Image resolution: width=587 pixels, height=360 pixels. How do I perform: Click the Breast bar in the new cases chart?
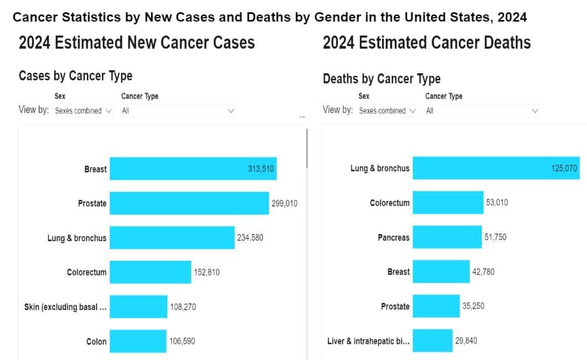coord(177,169)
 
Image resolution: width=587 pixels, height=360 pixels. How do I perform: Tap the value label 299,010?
coord(284,204)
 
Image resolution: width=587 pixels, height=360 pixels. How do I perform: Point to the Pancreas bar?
coord(447,237)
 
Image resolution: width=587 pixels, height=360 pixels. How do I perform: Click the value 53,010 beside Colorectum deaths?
coord(497,202)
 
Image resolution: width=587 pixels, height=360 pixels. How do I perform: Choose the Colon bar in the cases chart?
coord(138,341)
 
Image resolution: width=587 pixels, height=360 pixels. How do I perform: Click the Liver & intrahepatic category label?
coord(369,341)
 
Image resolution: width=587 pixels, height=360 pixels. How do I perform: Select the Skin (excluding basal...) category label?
coord(65,307)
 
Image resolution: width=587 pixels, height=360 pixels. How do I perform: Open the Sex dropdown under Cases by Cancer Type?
coord(84,111)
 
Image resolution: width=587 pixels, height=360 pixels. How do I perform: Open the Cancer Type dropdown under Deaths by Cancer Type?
coord(482,111)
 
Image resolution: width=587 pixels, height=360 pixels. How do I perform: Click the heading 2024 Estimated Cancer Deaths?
coord(426,43)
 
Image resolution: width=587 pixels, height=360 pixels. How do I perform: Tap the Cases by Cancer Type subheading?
coord(75,76)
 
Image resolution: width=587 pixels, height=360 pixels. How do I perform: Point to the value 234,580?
coord(251,238)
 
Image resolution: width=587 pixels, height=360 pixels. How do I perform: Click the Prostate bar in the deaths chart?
coord(436,306)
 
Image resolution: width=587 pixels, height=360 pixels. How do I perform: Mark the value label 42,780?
coord(482,272)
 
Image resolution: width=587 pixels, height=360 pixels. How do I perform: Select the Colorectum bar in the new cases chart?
coord(150,272)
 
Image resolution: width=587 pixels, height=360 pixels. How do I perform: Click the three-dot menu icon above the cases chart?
coord(302,117)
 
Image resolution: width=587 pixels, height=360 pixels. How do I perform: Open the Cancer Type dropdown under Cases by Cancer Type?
coord(178,111)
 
